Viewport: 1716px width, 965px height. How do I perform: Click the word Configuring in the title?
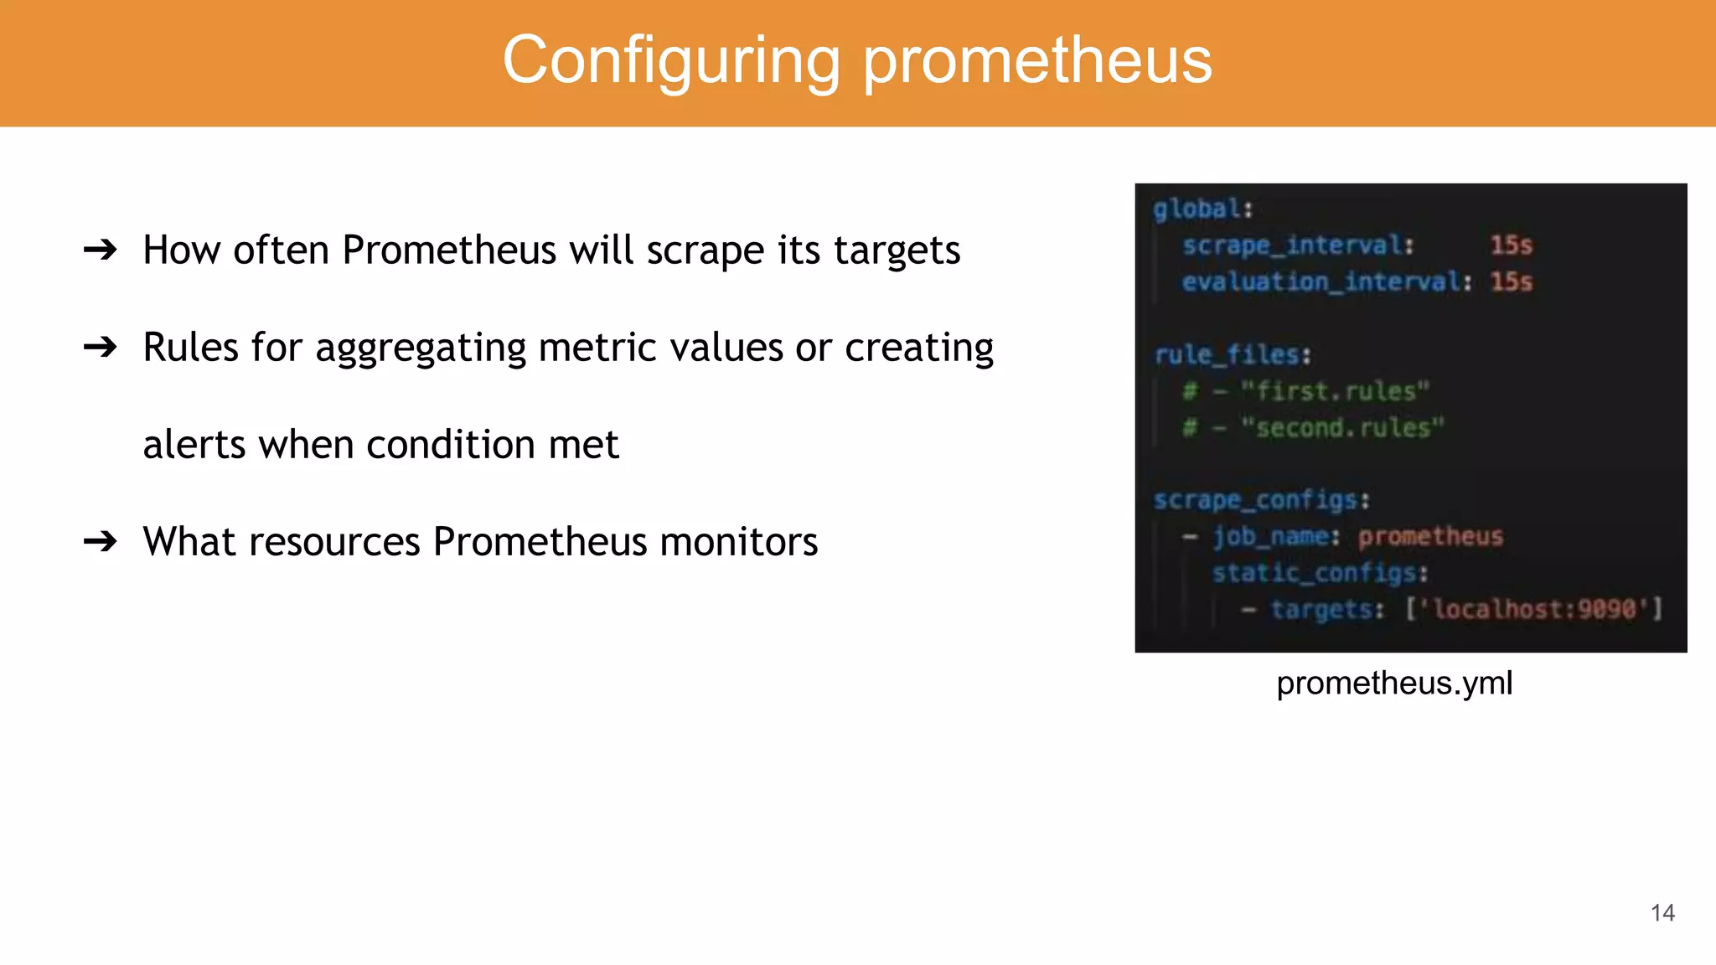coord(670,60)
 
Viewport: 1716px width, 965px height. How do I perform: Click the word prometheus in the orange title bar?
coord(1037,60)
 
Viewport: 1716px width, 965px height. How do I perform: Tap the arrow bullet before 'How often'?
coord(101,250)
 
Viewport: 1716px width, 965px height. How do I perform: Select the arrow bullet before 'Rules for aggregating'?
coord(101,347)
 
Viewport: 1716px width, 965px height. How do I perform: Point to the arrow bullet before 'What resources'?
coord(101,541)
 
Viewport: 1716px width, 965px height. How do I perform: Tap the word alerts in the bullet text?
coord(194,444)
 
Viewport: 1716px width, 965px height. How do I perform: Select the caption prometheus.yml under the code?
coord(1394,684)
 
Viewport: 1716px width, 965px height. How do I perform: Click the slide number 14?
coord(1662,913)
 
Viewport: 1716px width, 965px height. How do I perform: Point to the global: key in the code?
coord(1202,209)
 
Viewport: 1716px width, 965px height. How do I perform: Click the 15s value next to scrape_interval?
coord(1511,245)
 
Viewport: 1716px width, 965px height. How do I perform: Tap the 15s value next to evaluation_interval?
coord(1511,281)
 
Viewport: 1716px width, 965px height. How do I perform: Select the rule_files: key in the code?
coord(1233,355)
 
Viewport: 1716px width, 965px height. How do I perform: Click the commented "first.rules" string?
coord(1335,391)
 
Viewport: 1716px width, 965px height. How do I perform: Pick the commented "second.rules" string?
coord(1342,428)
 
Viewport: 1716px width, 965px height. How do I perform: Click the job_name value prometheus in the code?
coord(1430,536)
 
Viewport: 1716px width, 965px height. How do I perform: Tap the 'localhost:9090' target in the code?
coord(1533,609)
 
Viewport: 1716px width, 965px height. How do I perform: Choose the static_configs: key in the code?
coord(1320,573)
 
